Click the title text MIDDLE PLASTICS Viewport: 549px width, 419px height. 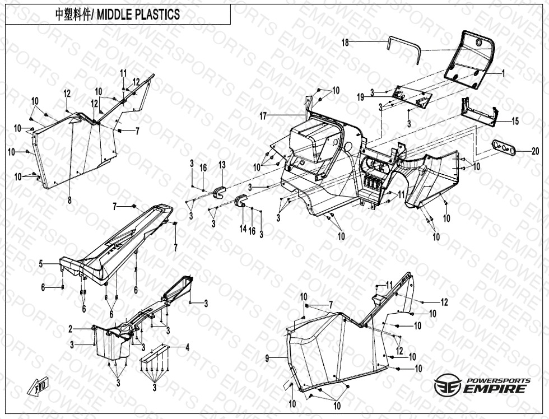point(138,15)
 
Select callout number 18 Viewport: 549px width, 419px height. point(345,43)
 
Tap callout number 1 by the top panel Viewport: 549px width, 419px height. point(503,73)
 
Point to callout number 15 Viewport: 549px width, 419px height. point(515,121)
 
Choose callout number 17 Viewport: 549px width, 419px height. point(262,116)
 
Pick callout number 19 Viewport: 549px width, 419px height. point(361,96)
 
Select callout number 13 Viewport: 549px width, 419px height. point(222,165)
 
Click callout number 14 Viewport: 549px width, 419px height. point(243,229)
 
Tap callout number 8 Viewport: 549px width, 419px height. point(69,199)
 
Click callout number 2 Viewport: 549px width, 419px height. point(71,328)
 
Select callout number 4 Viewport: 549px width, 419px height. point(187,347)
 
